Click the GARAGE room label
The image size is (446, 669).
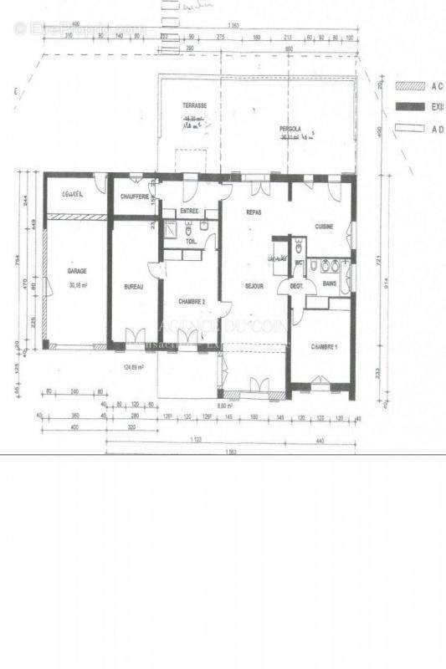77,271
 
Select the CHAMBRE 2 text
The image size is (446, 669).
192,301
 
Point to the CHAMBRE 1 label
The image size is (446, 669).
324,346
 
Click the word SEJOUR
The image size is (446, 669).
254,286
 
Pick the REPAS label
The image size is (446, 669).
254,213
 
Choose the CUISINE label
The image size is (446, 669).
325,227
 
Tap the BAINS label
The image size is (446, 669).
331,284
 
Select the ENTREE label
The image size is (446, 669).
190,212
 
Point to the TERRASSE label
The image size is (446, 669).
195,106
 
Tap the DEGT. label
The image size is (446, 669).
296,286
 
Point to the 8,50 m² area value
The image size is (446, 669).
223,406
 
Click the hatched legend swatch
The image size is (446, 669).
412,85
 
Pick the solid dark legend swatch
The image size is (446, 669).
412,107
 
